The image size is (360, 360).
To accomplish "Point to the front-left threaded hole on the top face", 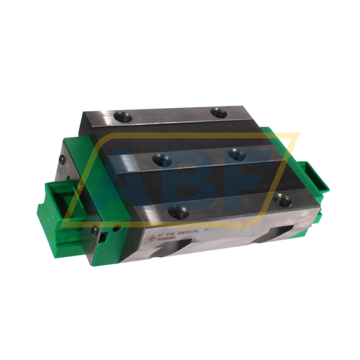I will [x=178, y=211].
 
